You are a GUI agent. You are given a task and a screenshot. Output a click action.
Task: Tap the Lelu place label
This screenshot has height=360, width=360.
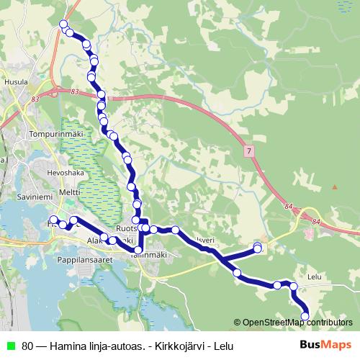coord(313,275)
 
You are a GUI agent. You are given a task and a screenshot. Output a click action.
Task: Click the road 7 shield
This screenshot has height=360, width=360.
coord(249,150)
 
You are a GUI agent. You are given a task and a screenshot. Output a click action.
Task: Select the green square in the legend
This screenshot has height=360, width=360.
coord(10,346)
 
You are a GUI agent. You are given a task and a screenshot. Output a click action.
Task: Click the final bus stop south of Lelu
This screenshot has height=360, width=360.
coord(305,315)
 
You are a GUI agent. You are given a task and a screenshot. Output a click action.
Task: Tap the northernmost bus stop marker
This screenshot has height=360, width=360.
coord(65,25)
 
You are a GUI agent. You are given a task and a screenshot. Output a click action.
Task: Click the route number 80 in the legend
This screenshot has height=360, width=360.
coord(27,346)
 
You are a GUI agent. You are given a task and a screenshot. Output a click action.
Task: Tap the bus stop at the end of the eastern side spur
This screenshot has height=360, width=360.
coord(258,248)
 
